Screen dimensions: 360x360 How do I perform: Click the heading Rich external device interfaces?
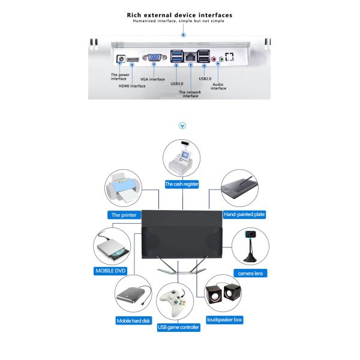[x=180, y=14]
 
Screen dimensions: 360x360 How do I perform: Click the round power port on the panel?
[x=120, y=60]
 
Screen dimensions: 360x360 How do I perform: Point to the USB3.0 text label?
[x=178, y=83]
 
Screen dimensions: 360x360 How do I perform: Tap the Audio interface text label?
[x=218, y=86]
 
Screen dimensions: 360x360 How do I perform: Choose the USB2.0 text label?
[x=205, y=79]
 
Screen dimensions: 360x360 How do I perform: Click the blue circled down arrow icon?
[x=182, y=126]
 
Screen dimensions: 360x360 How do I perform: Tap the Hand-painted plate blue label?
[x=244, y=214]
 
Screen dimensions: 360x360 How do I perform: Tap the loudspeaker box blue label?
[x=225, y=320]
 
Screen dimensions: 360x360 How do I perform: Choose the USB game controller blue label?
[x=178, y=327]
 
